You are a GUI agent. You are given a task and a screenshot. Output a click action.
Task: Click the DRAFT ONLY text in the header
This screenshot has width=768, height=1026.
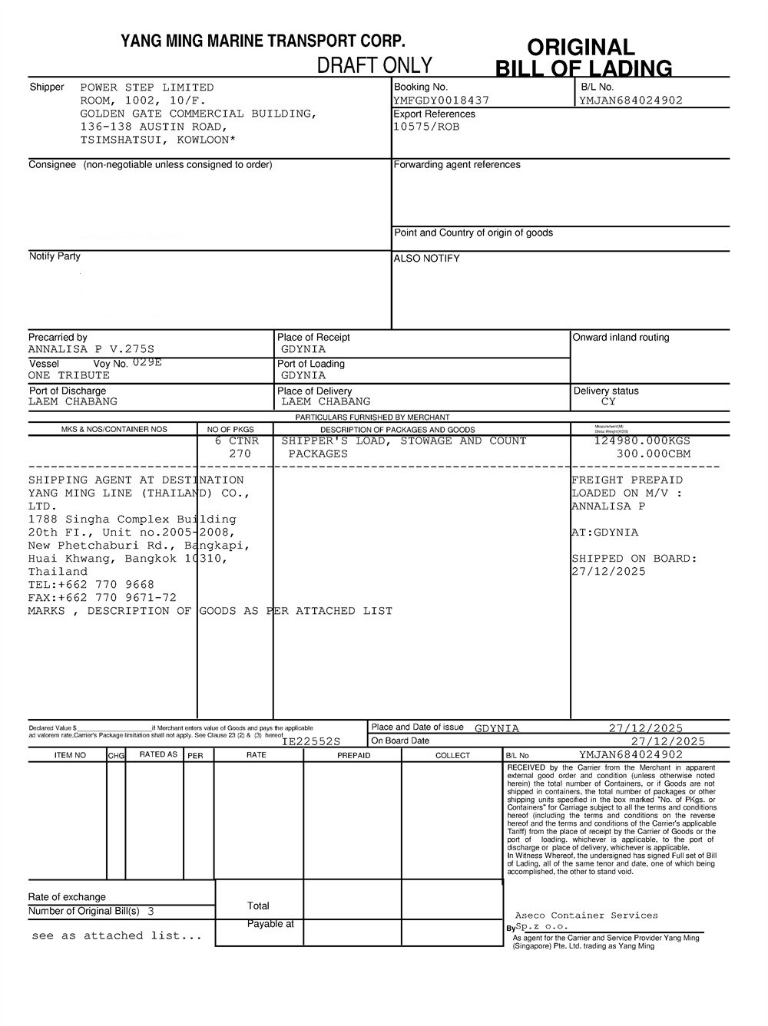pos(375,65)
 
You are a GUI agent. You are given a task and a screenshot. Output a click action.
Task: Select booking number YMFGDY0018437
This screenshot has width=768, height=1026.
pos(441,101)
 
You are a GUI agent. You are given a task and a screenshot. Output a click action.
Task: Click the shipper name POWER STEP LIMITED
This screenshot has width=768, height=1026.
pos(147,87)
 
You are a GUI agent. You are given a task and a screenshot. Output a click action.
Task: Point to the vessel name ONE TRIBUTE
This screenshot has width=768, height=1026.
pos(69,375)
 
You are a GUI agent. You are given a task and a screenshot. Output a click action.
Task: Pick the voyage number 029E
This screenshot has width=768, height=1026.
pos(147,362)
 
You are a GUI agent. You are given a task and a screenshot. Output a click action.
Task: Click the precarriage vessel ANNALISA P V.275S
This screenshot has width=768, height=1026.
pos(91,349)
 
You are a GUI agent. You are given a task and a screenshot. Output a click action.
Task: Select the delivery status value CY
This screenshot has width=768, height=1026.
pos(608,401)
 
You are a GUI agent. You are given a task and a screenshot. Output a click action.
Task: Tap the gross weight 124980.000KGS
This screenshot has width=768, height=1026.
pos(642,440)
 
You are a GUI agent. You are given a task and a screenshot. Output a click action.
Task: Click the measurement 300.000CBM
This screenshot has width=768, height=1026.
pos(653,454)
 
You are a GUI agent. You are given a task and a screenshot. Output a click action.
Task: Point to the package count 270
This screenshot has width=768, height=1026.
pos(240,454)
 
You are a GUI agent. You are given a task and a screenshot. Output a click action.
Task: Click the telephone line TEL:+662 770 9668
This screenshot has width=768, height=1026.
pos(91,585)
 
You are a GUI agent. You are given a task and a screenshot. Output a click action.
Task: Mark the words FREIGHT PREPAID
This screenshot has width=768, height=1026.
pos(627,480)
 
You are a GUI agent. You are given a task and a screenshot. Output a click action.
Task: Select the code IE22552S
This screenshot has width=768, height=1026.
pos(311,742)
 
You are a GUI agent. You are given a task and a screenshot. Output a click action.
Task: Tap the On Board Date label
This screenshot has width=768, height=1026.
pos(400,741)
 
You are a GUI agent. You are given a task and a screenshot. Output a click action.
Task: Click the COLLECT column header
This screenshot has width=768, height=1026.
pos(452,755)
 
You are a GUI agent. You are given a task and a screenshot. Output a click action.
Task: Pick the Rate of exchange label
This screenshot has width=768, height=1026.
pos(67,897)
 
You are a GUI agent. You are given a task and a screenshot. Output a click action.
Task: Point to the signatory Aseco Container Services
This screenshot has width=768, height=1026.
pos(586,915)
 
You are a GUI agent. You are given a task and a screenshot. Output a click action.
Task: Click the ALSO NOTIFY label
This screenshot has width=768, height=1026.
pos(426,259)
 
